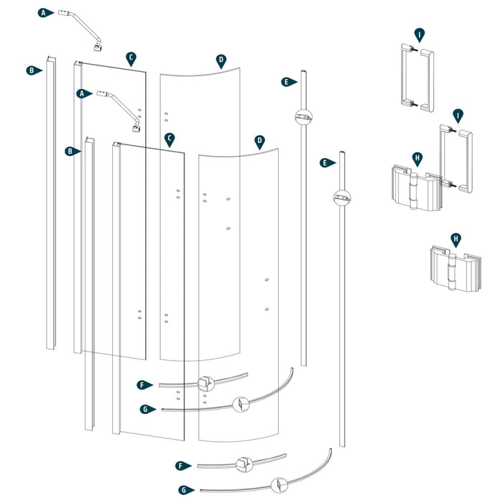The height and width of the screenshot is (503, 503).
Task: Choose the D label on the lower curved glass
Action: [x=259, y=141]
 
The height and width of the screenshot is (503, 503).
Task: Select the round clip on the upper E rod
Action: [x=302, y=116]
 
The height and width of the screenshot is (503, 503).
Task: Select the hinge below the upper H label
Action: [x=413, y=190]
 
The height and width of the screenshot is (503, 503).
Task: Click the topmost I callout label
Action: [x=419, y=34]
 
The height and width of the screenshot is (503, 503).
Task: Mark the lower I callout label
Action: [x=457, y=115]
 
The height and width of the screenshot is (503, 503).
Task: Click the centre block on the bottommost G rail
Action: [x=277, y=485]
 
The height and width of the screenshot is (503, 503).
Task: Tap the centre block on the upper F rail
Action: [x=206, y=382]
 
